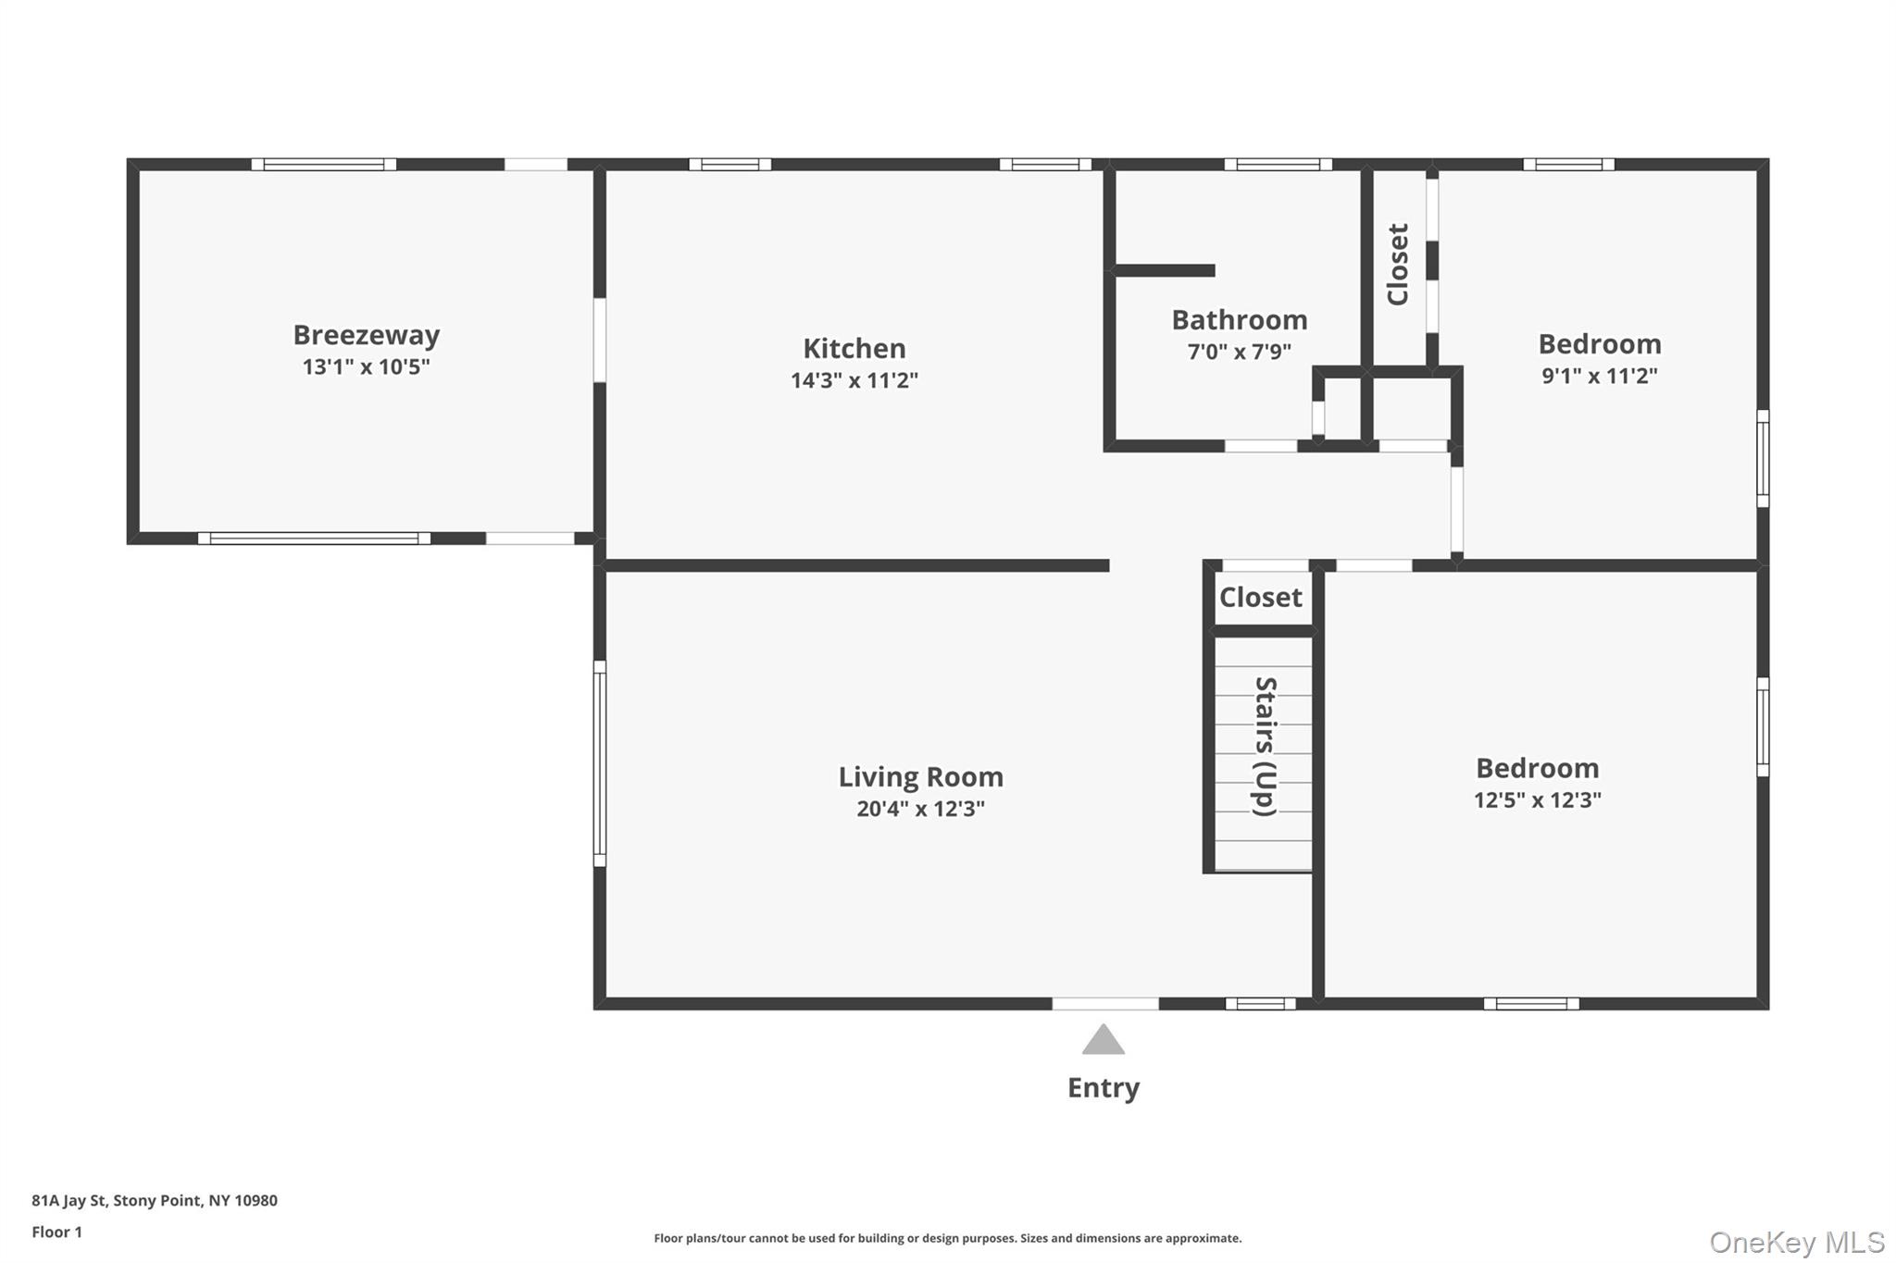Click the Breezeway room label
coord(366,335)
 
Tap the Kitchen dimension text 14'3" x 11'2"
coord(854,380)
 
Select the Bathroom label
coord(1239,320)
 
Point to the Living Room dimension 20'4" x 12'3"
coord(920,809)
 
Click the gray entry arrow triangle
coord(1103,1040)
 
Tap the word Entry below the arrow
coord(1103,1087)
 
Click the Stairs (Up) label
coord(1265,746)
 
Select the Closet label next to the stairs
coord(1260,598)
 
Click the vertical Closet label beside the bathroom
coord(1397,265)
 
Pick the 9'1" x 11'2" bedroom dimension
coord(1599,376)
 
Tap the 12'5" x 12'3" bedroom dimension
coord(1537,800)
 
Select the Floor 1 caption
coord(56,1232)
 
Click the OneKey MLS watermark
coord(1796,1242)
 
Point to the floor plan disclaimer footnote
coord(947,1238)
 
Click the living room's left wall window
coord(600,763)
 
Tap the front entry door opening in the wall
coord(1104,1004)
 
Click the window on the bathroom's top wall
coord(1278,165)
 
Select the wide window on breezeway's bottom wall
coord(314,539)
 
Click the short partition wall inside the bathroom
coord(1165,270)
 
